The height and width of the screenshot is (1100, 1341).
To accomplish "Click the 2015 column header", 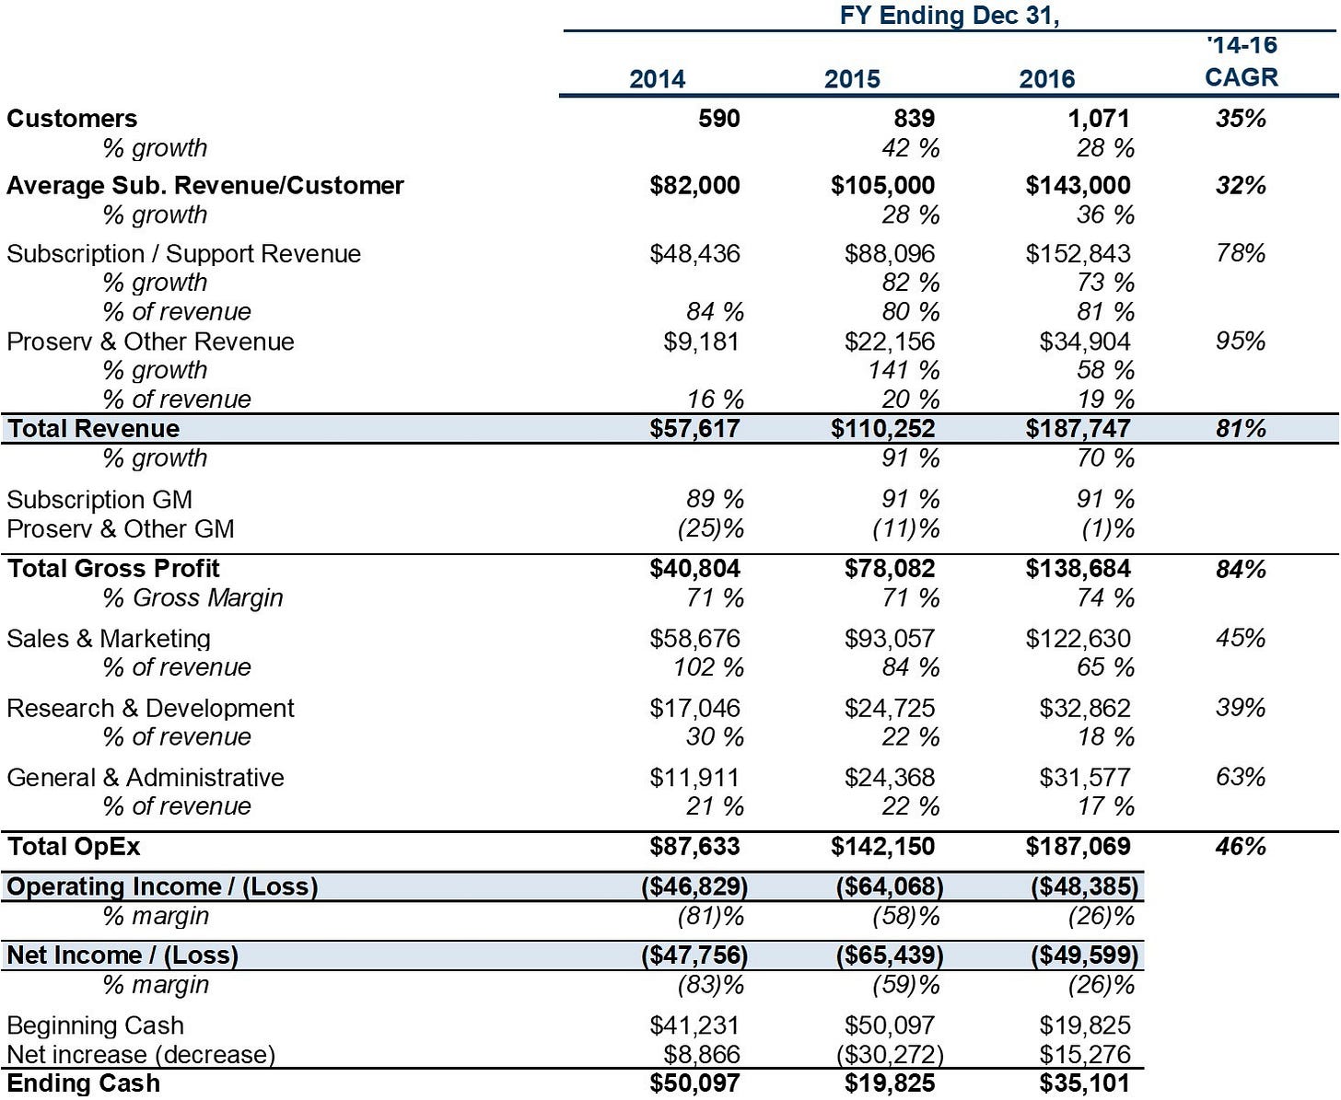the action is click(x=852, y=79).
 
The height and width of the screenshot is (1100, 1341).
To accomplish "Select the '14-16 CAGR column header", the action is click(x=1242, y=61).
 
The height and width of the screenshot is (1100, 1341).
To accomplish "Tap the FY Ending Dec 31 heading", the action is click(x=950, y=16).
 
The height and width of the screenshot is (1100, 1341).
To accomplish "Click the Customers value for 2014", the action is click(x=718, y=119).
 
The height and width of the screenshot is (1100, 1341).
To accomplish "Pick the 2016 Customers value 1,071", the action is click(x=1098, y=119).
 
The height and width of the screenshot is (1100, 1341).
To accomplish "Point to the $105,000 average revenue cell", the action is click(x=882, y=186).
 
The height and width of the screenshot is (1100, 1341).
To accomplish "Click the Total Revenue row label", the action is click(x=93, y=429).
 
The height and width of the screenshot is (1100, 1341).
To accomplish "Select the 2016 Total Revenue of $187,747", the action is click(x=1078, y=429).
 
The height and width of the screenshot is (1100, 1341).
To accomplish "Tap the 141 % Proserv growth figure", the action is click(x=904, y=370).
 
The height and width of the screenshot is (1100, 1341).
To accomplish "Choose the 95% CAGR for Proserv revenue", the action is click(x=1241, y=342).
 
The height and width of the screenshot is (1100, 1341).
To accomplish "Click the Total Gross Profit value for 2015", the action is click(x=890, y=569).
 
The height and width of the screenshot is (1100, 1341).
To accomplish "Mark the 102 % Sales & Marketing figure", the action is click(x=708, y=668).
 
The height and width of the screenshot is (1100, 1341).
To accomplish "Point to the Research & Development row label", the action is click(x=151, y=709).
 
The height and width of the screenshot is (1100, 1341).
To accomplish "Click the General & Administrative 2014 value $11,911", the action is click(x=694, y=778).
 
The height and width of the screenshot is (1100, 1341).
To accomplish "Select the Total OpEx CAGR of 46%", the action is click(x=1241, y=847).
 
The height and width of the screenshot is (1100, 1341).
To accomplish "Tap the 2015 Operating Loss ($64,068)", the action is click(x=890, y=887).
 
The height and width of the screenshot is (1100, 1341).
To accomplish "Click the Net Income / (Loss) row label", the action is click(x=122, y=955).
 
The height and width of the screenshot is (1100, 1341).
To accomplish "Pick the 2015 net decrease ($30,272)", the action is click(x=890, y=1056).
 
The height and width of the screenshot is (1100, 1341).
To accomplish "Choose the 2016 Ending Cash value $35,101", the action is click(x=1085, y=1083).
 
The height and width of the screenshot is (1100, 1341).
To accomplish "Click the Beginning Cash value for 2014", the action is click(x=694, y=1025).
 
